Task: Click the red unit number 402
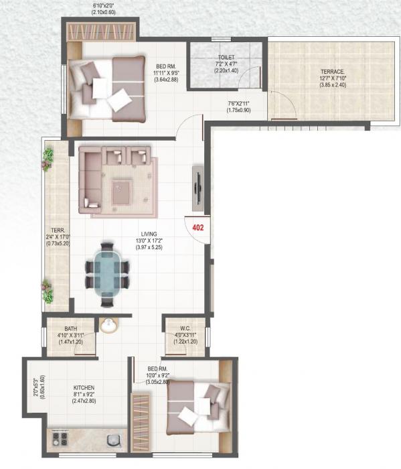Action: (197, 228)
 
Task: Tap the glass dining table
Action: (106, 273)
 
